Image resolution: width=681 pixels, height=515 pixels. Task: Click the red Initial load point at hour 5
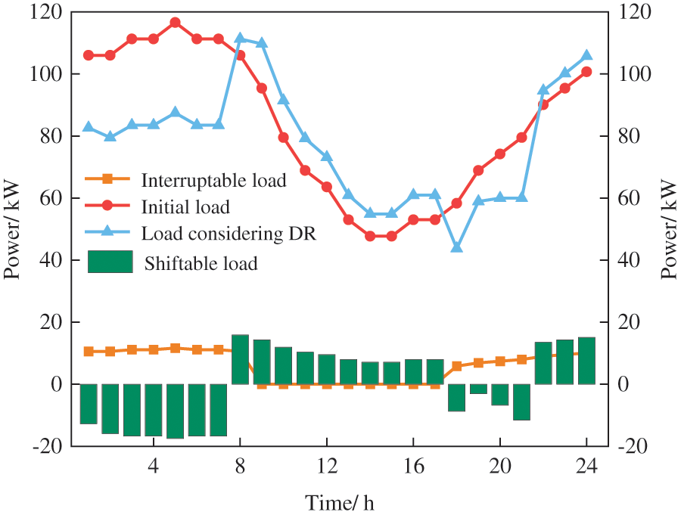coord(176,23)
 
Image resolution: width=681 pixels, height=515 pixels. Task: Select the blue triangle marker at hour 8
coord(240,39)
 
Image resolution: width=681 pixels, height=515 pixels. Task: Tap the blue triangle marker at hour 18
coord(456,247)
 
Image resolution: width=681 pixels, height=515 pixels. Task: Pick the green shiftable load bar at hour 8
coord(240,359)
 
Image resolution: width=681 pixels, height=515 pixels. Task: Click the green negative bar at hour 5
coord(176,411)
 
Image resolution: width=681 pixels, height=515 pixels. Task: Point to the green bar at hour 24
coord(586,361)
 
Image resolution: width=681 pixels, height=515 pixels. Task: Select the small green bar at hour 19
coord(478,389)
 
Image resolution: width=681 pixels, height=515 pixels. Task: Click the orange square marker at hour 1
coord(89,352)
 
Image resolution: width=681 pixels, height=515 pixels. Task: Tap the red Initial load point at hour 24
coord(586,72)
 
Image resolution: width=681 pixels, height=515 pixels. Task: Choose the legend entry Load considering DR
coord(227,234)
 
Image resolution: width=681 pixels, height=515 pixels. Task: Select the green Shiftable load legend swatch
coord(110,262)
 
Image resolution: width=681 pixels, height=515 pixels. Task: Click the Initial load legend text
coord(185,206)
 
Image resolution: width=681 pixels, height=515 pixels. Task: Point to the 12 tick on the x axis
coord(327,464)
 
